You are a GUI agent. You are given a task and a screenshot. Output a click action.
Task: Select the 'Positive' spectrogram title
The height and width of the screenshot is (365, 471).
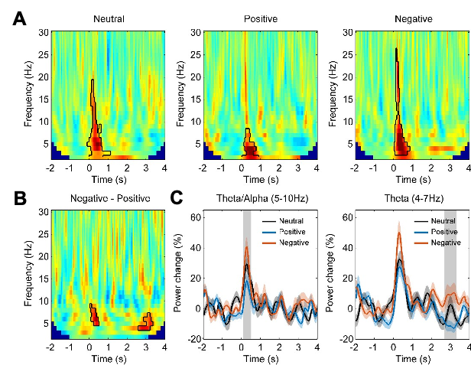[x=261, y=18]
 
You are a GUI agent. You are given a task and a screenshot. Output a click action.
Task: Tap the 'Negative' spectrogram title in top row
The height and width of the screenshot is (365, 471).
[x=413, y=18]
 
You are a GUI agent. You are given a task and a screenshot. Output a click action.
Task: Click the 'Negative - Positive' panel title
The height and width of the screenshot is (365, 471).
[x=110, y=198]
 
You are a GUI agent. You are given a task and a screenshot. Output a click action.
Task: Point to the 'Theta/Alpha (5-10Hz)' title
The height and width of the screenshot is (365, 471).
[x=261, y=198]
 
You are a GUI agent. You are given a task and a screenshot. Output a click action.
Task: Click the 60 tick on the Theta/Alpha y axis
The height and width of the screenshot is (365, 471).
[x=195, y=217]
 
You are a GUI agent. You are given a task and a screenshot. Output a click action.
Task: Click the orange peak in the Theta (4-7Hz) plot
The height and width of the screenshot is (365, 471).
[x=400, y=232]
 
